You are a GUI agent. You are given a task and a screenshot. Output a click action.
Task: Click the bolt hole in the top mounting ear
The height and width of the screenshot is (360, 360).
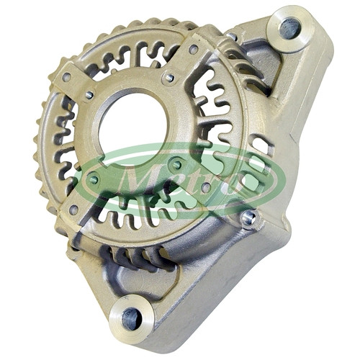(290, 29)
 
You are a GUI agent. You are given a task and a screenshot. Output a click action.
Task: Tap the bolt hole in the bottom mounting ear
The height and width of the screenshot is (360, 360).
(132, 318)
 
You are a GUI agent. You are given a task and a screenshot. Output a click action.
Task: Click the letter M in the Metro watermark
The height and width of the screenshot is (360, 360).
(138, 180)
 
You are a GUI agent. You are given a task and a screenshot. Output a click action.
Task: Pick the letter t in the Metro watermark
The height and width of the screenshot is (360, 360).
(189, 181)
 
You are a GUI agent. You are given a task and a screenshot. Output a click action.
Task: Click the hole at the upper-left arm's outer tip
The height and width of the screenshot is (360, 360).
(66, 77)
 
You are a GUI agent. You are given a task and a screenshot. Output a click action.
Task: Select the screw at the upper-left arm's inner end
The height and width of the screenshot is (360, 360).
(89, 95)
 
